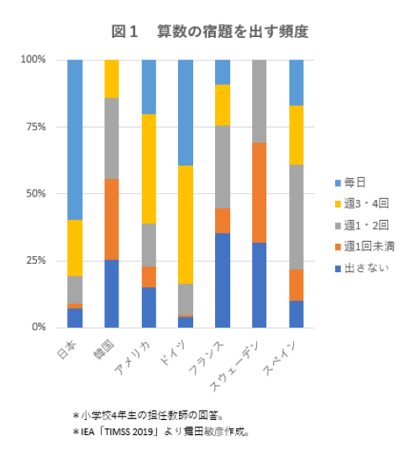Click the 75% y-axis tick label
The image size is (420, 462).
(x=34, y=127)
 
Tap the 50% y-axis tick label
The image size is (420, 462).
(x=34, y=193)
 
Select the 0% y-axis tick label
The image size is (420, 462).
(x=37, y=327)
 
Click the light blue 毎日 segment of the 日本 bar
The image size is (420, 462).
(x=75, y=139)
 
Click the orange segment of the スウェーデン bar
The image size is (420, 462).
(x=260, y=192)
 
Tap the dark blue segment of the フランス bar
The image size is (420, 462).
(x=223, y=280)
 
